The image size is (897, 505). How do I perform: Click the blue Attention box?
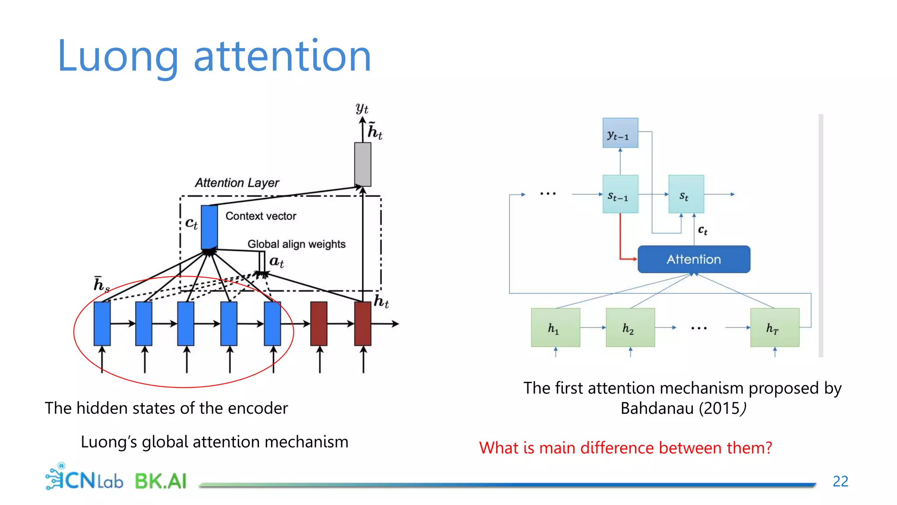693,259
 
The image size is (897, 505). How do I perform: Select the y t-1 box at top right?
620,133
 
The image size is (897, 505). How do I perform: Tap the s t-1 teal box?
620,194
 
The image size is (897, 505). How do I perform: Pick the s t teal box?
685,194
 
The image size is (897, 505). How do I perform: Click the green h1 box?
555,327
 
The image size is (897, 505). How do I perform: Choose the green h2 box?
630,327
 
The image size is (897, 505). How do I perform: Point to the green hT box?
774,327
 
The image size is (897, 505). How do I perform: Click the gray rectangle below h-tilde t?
363,164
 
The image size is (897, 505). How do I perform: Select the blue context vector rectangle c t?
209,227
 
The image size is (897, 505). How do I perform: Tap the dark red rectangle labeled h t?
363,324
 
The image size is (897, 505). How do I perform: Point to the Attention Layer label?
237,183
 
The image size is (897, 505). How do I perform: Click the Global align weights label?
296,244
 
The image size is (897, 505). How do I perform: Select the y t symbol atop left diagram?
362,108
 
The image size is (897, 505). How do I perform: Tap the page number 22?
840,481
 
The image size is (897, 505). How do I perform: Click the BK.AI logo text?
160,481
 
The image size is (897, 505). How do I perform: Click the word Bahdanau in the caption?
657,408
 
